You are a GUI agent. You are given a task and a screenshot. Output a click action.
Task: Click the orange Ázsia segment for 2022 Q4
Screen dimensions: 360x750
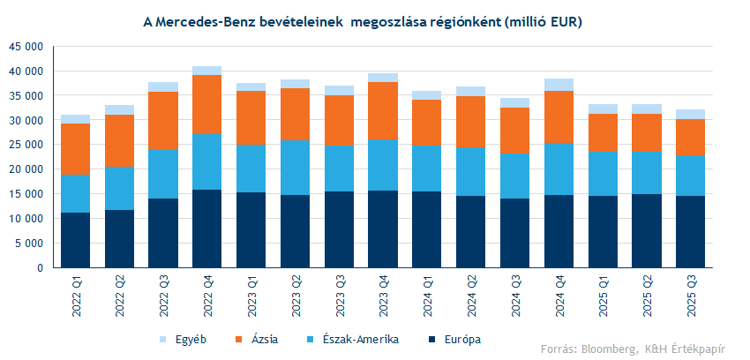[206, 104]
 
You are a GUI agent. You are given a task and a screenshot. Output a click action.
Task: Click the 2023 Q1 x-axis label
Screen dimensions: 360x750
[251, 291]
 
